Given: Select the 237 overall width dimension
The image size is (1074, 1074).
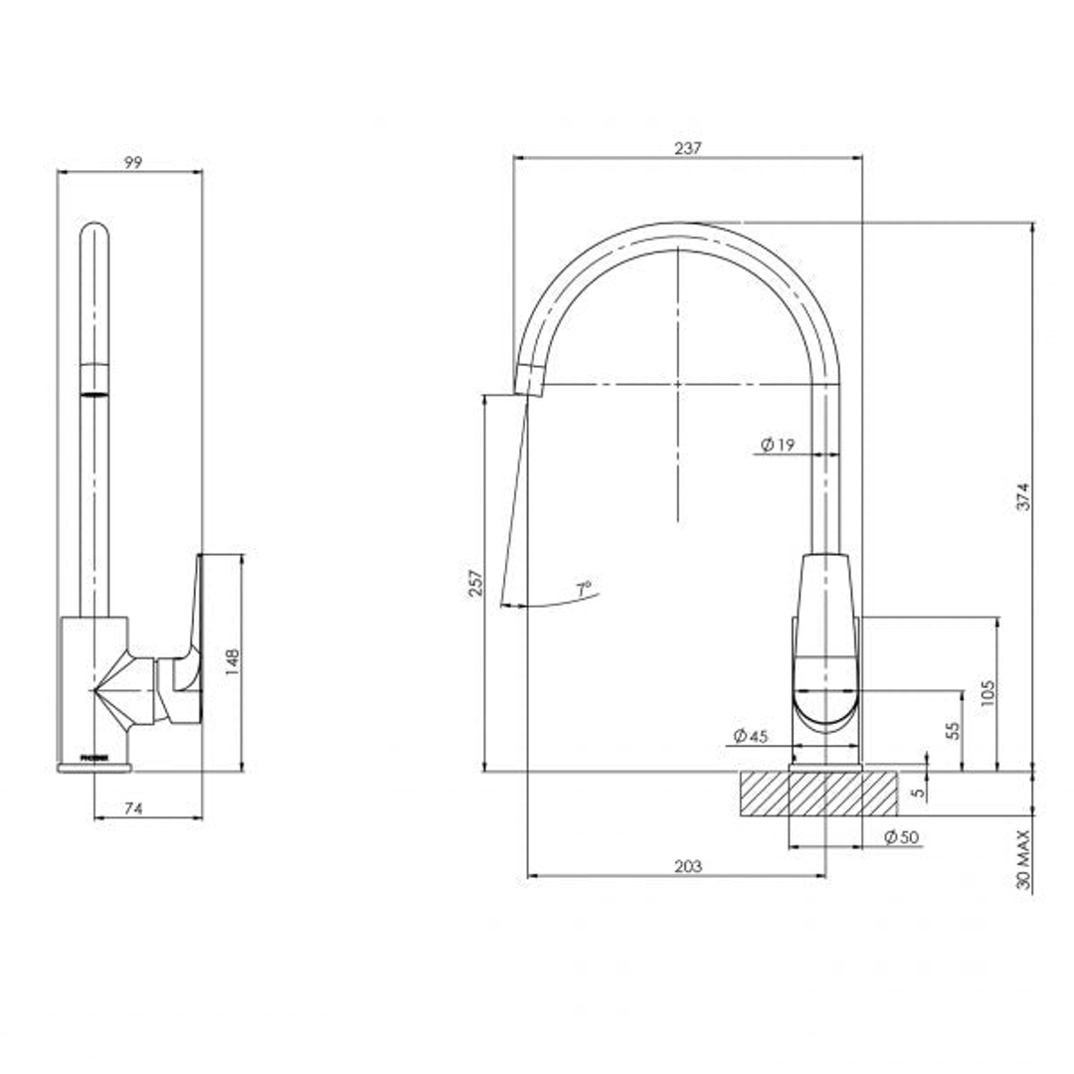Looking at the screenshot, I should [687, 148].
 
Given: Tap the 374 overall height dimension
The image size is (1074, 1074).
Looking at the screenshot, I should [1023, 495].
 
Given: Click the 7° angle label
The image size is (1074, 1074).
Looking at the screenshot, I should [584, 589].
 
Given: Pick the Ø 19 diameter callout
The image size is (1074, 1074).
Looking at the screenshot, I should [778, 446].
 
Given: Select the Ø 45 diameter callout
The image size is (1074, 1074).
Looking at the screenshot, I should [751, 736].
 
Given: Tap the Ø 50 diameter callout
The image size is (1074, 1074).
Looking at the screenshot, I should [901, 837].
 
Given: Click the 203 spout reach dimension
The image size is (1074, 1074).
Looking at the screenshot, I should [687, 867].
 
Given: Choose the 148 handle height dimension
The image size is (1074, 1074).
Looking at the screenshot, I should [232, 662].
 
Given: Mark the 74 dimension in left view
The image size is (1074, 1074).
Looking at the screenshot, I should [133, 809].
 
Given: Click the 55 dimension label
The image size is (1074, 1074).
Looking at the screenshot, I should [952, 730].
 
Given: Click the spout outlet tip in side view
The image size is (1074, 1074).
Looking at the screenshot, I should [530, 380].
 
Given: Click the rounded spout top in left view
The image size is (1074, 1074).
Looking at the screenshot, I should [93, 235].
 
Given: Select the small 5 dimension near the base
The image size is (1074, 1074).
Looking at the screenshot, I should [918, 793].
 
